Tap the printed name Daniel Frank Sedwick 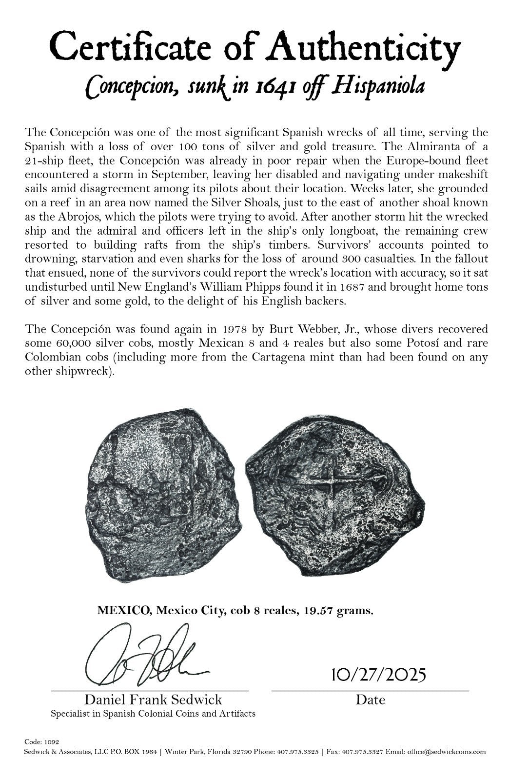click(153, 700)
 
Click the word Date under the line click(370, 700)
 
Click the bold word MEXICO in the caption click(122, 610)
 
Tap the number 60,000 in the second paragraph click(70, 343)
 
